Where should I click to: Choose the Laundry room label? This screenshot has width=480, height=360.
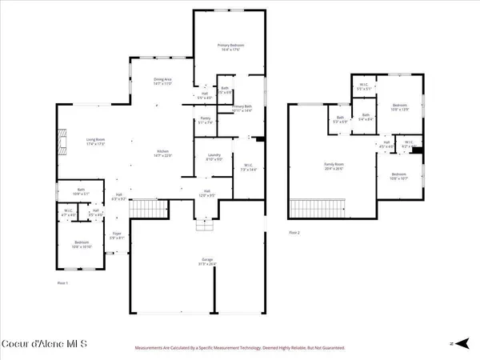point(213,157)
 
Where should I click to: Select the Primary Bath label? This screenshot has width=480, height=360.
point(242,109)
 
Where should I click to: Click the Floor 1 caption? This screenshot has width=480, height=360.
point(62,283)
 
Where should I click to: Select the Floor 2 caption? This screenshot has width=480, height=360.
point(294,233)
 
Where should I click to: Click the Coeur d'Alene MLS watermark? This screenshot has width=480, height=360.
point(44,345)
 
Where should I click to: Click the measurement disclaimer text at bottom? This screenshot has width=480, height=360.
point(240,349)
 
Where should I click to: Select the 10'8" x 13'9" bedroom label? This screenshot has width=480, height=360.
point(399,107)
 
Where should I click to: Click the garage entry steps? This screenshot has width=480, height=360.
point(205,226)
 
